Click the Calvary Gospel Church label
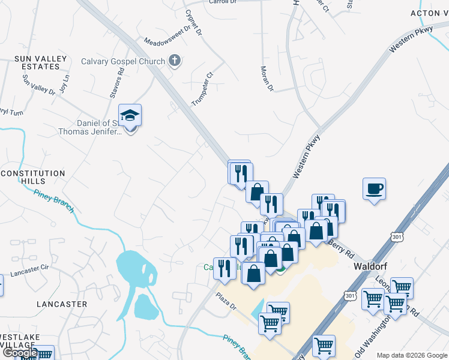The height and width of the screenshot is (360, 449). (122, 61)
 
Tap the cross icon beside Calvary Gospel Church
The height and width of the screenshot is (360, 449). (175, 61)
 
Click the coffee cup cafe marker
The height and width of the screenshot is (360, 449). (374, 189)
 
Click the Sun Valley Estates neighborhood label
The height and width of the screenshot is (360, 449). (38, 63)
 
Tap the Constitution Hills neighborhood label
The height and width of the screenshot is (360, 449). (33, 177)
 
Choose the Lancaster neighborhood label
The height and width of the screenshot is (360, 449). (62, 304)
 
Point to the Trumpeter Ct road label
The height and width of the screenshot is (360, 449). (203, 89)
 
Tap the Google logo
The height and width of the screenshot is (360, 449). (20, 353)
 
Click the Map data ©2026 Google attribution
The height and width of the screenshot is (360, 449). (412, 355)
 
